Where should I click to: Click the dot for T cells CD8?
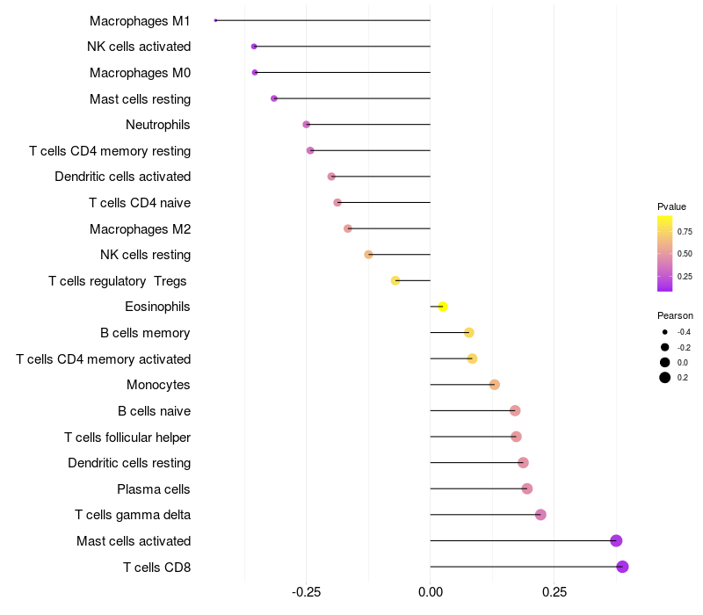(x=622, y=567)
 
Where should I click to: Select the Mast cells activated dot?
(x=616, y=540)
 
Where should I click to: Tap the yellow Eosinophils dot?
(x=443, y=307)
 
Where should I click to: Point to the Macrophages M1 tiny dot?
(x=215, y=20)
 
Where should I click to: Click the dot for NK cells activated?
(x=254, y=47)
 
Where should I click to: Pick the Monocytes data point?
(x=495, y=385)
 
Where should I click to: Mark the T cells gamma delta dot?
(x=540, y=515)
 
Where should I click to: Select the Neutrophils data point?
(x=306, y=125)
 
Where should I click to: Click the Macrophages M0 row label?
(x=140, y=73)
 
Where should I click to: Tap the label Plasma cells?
(x=154, y=488)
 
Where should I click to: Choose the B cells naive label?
(x=154, y=411)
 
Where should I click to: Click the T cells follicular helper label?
(x=127, y=437)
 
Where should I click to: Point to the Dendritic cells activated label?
(x=122, y=177)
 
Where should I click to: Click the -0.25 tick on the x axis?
(x=306, y=592)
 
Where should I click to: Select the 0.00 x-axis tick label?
(x=430, y=592)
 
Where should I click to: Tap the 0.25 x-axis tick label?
(x=554, y=592)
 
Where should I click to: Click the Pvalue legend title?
(x=671, y=206)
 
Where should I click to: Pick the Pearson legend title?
(x=675, y=315)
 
